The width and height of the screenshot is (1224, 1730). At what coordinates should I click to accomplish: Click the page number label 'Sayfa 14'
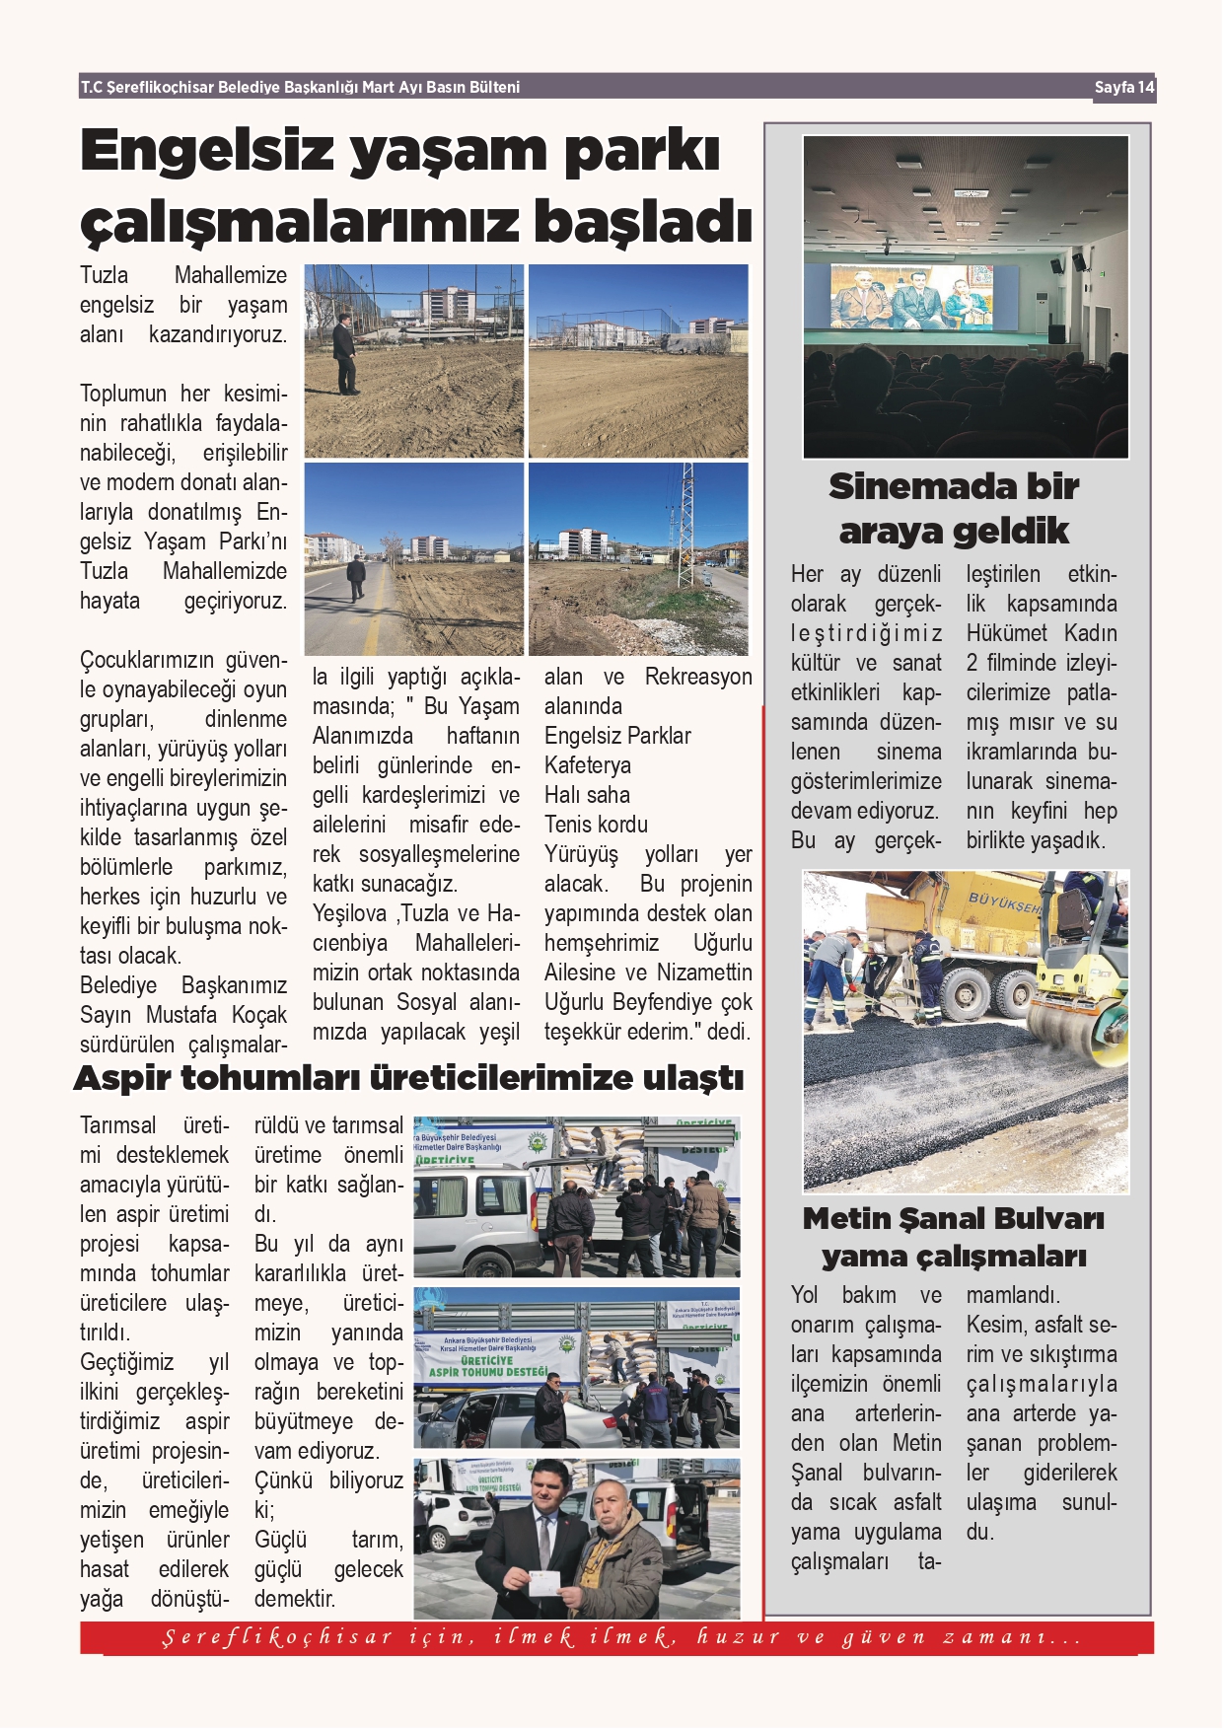pyautogui.click(x=1123, y=87)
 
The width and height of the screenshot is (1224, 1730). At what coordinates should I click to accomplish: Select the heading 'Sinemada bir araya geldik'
pyautogui.click(x=954, y=508)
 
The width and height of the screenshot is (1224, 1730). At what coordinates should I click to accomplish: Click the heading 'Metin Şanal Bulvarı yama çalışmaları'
pyautogui.click(x=954, y=1238)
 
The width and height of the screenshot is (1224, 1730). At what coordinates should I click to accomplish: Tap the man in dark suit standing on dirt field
pyautogui.click(x=343, y=353)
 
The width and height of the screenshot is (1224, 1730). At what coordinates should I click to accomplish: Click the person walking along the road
pyautogui.click(x=355, y=578)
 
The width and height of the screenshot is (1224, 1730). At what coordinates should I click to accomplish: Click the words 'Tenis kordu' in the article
pyautogui.click(x=596, y=825)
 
